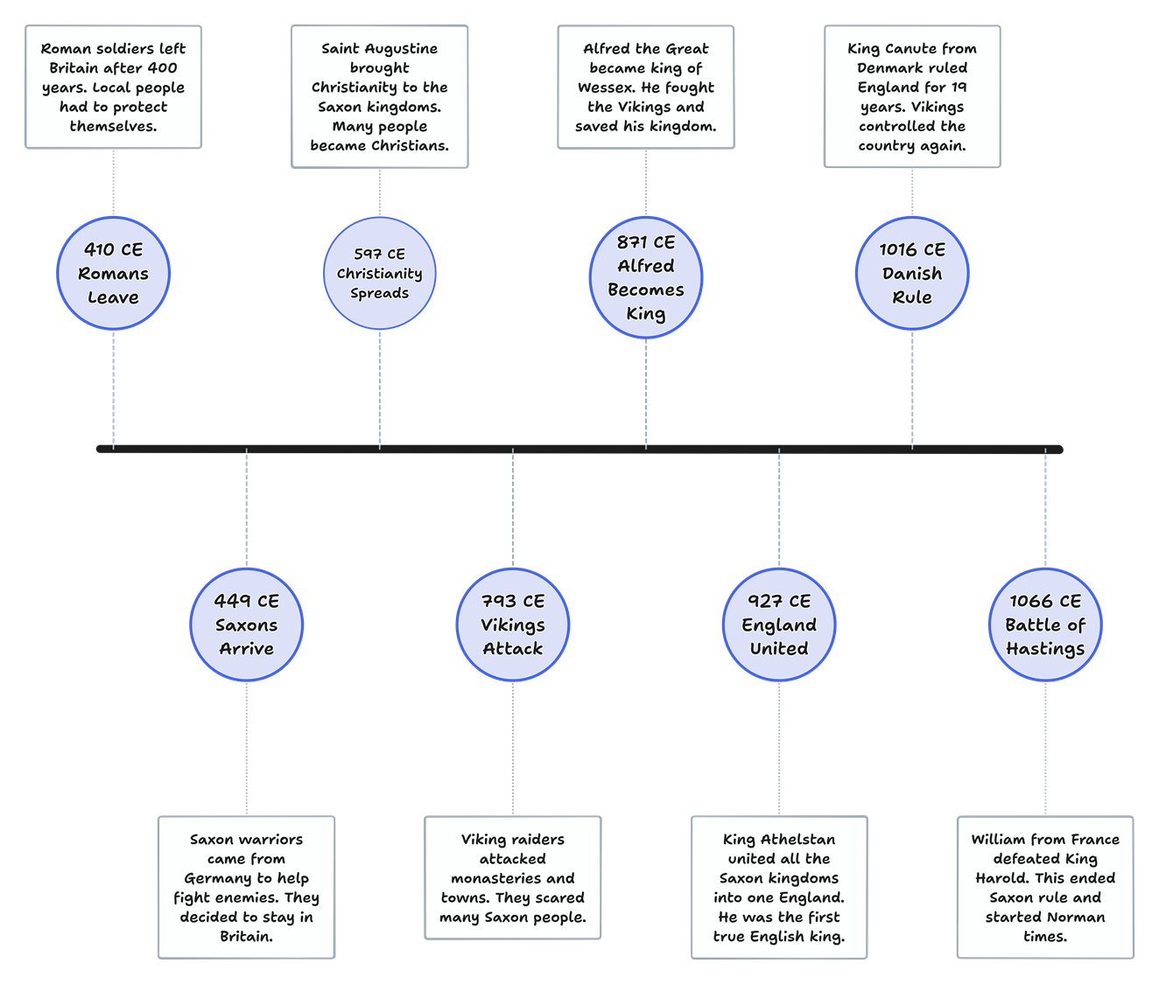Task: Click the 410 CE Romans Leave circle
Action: (113, 274)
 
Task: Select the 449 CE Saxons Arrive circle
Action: (246, 625)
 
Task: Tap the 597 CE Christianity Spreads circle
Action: (379, 274)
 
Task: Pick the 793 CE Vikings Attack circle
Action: (512, 625)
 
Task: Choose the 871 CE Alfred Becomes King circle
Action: (646, 278)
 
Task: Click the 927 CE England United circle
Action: (779, 625)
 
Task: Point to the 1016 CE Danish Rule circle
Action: (912, 274)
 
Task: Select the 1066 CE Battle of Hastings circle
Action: (1045, 625)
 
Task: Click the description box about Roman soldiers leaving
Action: (113, 87)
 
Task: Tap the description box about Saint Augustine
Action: (379, 97)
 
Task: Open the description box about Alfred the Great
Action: (646, 87)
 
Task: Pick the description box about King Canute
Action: (912, 97)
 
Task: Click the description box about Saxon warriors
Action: (246, 887)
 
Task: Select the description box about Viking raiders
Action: (512, 877)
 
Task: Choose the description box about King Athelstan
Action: (779, 887)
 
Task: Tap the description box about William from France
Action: (1045, 887)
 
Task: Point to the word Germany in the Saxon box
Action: (215, 878)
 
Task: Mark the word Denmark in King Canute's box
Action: (888, 68)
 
